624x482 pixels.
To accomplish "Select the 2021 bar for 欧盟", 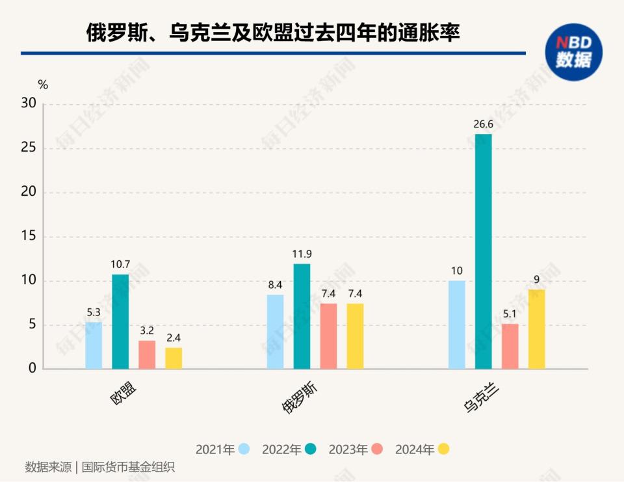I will (x=94, y=345).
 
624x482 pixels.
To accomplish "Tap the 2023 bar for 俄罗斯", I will (x=328, y=336).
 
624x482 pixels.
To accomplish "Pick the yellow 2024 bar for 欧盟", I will (x=174, y=358).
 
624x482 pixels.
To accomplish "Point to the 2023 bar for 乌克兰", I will (x=510, y=347).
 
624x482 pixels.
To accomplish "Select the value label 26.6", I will (x=484, y=124).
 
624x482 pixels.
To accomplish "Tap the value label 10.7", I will (x=120, y=264).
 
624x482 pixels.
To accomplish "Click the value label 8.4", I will (x=276, y=284).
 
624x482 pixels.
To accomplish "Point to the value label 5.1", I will (x=510, y=314).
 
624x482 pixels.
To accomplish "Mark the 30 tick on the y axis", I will (x=29, y=104).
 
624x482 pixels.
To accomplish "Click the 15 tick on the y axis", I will (x=29, y=237).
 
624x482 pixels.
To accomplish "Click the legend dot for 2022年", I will (x=311, y=449).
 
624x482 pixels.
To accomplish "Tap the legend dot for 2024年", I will (x=443, y=449).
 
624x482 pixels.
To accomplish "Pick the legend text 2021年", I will (x=215, y=449).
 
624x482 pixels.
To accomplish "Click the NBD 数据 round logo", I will (x=573, y=52).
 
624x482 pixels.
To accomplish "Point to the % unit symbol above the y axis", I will (x=43, y=85).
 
